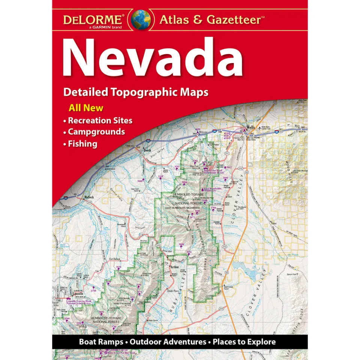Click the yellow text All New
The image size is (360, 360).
(x=86, y=108)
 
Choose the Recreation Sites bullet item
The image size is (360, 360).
(x=100, y=121)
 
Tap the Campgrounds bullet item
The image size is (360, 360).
(x=96, y=132)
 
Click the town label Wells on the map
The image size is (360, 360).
(x=250, y=127)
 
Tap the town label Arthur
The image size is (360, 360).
(x=173, y=267)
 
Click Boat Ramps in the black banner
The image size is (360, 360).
(x=100, y=342)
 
